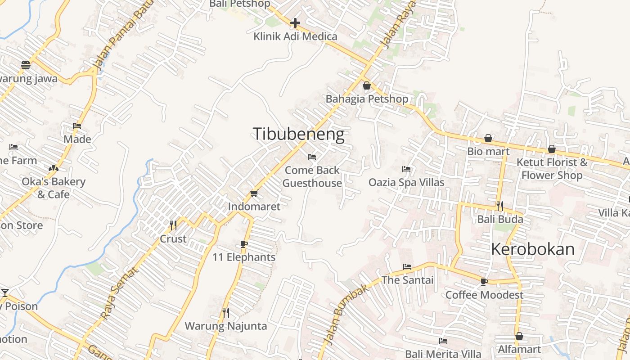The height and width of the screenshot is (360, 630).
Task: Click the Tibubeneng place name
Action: click(298, 134)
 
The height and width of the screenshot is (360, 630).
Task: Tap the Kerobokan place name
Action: click(533, 249)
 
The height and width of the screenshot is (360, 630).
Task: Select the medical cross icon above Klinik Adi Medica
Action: click(295, 22)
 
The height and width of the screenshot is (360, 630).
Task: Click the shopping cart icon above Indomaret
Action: click(254, 193)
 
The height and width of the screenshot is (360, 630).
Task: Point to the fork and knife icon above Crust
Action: click(173, 225)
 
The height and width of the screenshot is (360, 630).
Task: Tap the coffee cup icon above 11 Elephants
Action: click(244, 244)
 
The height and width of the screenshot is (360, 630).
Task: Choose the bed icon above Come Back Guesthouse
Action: click(312, 157)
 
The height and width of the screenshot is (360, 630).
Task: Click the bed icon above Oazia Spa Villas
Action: click(406, 169)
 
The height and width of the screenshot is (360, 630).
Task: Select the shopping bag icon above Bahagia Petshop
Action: click(367, 85)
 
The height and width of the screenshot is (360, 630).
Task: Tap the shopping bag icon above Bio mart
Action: click(488, 138)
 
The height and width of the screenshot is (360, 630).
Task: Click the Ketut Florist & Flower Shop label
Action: click(552, 169)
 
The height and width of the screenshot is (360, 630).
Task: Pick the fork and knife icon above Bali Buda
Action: click(500, 206)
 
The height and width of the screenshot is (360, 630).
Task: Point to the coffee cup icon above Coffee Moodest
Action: click(484, 282)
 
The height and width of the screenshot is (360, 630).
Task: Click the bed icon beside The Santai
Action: click(407, 266)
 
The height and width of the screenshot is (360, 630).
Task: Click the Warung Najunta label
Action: click(226, 326)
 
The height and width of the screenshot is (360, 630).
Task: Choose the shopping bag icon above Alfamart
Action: click(519, 336)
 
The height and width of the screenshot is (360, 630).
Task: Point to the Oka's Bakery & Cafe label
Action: click(54, 188)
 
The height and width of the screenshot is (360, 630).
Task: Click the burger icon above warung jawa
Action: click(26, 65)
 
